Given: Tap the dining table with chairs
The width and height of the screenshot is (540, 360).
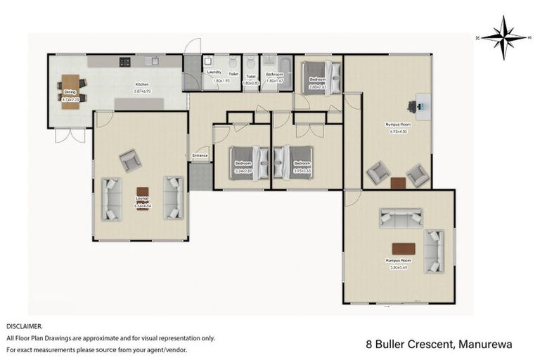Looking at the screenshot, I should [x=70, y=87].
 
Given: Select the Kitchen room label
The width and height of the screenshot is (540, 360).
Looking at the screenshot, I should [x=143, y=85].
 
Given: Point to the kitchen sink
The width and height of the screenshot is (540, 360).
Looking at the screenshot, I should [x=151, y=62].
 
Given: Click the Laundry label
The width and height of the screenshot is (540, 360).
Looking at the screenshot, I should [x=214, y=72].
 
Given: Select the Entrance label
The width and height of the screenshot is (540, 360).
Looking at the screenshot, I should [x=200, y=155].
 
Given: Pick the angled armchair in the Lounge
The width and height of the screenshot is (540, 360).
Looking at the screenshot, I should [x=130, y=161].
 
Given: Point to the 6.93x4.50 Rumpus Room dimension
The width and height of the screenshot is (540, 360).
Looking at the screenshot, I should [x=397, y=130].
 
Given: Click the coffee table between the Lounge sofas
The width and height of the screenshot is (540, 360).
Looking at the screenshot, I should [x=143, y=192].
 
